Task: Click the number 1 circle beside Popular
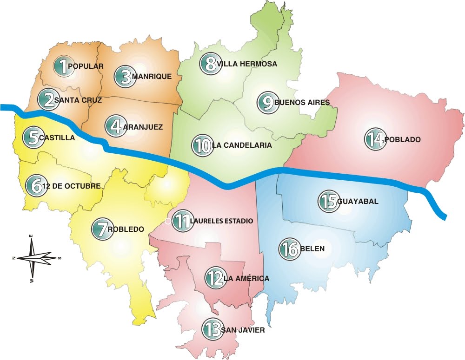[60, 66]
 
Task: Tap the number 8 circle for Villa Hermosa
[210, 64]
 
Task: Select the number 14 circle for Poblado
[375, 139]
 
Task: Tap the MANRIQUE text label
[152, 77]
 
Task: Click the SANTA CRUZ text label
[78, 99]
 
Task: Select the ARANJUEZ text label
[144, 126]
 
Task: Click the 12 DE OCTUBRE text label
[72, 186]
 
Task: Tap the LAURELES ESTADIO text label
[221, 221]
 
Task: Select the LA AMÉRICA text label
[246, 279]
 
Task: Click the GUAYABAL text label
[358, 202]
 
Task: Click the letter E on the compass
[31, 236]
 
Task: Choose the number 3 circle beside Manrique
[124, 77]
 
